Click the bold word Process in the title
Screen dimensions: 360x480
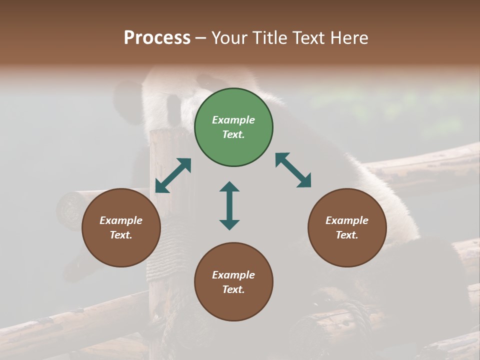coord(157,38)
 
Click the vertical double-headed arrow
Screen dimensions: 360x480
coord(229,205)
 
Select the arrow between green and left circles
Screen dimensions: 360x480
coord(173,175)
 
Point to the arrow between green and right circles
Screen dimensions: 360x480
coord(293,170)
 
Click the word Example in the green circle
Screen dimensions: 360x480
coord(233,120)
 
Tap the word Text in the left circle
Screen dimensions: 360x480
coord(121,235)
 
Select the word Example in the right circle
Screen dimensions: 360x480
coord(347,220)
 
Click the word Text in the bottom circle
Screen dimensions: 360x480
coord(233,289)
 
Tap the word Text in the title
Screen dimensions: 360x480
coord(309,38)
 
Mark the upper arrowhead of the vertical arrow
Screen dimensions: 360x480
coord(229,187)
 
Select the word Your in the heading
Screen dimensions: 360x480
coord(229,38)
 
